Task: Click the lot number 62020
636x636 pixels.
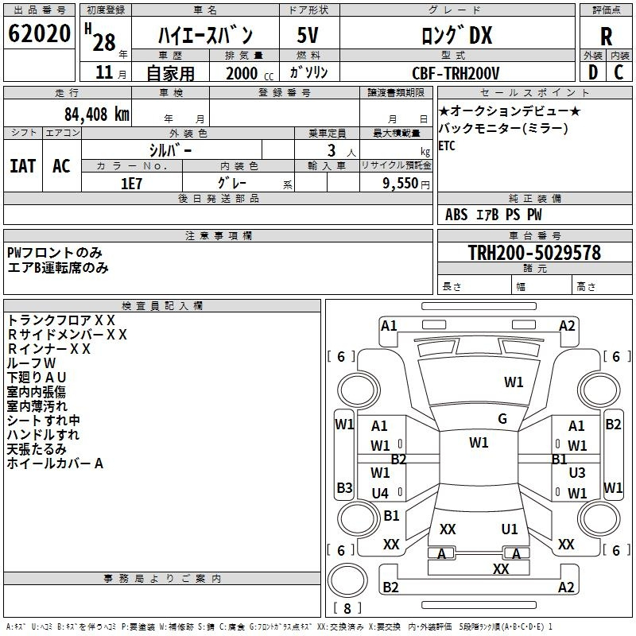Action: coord(39,33)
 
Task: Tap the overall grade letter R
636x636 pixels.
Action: coord(606,37)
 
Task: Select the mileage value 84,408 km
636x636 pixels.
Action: coord(96,114)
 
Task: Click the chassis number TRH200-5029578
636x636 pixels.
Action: coord(534,253)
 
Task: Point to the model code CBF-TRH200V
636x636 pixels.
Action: coord(456,73)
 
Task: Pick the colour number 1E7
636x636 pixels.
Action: coord(131,184)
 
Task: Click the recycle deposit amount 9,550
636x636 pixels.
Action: coord(400,184)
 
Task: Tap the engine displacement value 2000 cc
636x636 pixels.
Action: coord(250,74)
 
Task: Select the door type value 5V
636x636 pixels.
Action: coord(308,35)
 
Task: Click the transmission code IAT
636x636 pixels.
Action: coord(23,166)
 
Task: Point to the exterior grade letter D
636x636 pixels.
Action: coord(593,72)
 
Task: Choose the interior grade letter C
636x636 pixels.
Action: coord(619,72)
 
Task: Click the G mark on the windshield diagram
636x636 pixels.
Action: coord(502,419)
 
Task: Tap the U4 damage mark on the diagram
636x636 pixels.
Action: coord(380,493)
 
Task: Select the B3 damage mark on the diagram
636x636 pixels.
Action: coord(344,487)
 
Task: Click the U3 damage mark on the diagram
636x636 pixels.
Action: coord(577,472)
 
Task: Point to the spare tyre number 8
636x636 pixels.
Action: coord(347,608)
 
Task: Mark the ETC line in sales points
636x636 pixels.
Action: coord(447,145)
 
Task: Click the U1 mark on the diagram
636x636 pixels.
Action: coord(510,529)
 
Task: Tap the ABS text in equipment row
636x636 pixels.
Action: coord(456,215)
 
